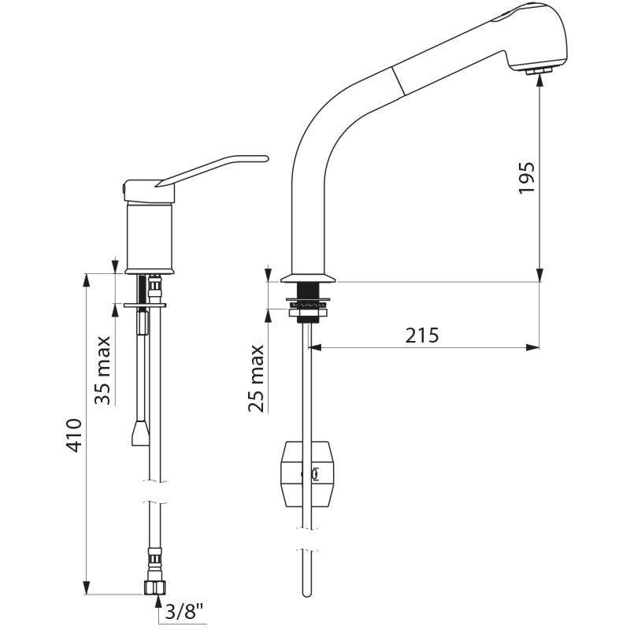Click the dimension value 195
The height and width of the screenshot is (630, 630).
pos(527,179)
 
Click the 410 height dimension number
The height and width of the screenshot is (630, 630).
pos(73,435)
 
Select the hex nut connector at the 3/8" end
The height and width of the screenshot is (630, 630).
pos(154,587)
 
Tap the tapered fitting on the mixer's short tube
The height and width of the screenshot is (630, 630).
pos(140,433)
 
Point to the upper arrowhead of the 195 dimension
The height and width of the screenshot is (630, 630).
pos(539,78)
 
